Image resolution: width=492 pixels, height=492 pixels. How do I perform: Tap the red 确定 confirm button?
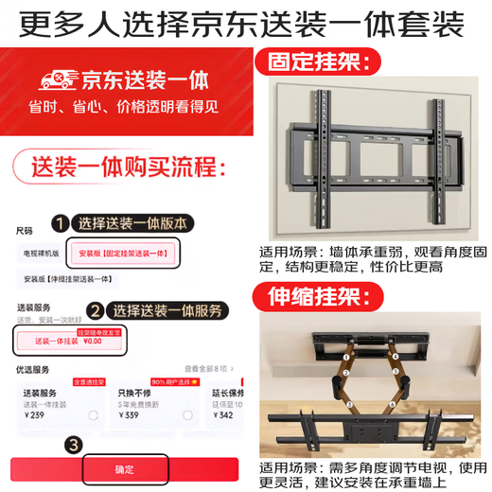124,469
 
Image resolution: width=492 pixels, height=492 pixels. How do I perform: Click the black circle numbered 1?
60,224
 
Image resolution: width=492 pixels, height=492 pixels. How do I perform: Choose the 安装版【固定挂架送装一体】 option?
125,255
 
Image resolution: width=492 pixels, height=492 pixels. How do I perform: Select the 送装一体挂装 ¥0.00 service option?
68,340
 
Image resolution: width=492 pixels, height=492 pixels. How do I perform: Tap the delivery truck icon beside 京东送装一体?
41,79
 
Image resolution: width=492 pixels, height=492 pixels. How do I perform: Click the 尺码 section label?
23,230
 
